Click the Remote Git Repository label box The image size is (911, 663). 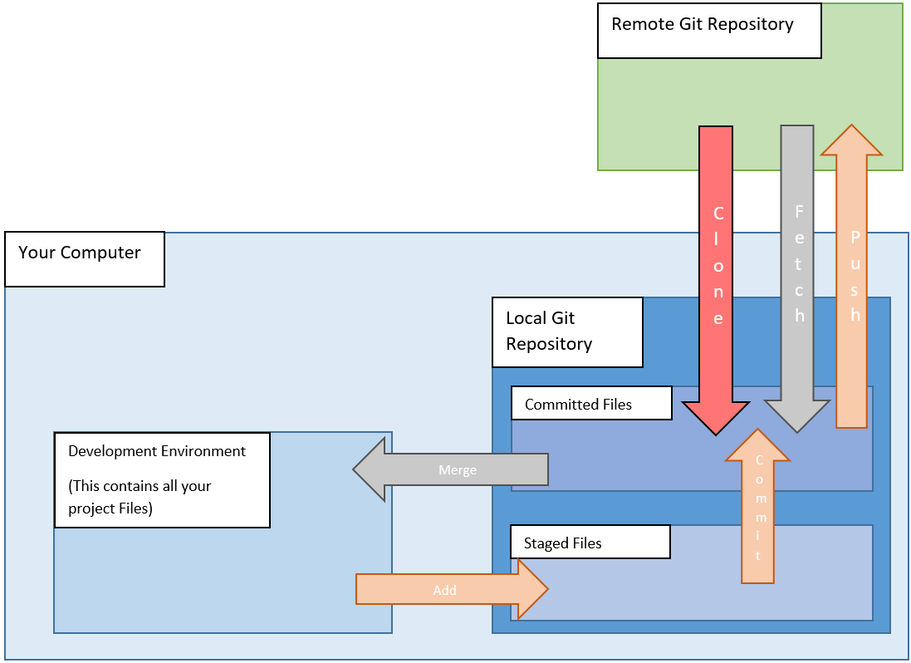[708, 31]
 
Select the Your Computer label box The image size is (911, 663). [84, 258]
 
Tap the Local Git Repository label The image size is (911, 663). [566, 331]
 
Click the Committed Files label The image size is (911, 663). [590, 404]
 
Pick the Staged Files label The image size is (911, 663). [589, 543]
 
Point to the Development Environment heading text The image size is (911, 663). [157, 451]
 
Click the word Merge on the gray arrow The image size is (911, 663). [458, 470]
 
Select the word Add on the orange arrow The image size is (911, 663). [445, 590]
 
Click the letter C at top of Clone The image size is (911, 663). [718, 214]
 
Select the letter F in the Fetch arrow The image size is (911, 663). [800, 212]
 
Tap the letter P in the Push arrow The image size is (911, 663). [855, 237]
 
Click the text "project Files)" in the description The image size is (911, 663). [110, 508]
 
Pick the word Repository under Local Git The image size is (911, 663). [549, 344]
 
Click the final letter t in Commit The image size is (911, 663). [758, 556]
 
